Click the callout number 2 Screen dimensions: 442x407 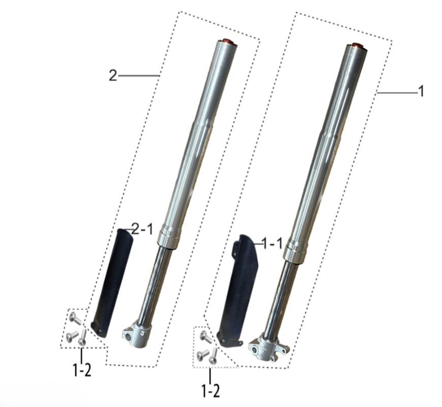[x=113, y=76]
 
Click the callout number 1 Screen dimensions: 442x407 [x=421, y=91]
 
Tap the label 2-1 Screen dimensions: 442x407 [x=142, y=229]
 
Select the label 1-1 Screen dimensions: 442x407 [x=272, y=244]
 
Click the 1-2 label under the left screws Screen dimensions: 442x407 [x=82, y=370]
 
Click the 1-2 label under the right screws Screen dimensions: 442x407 [x=210, y=391]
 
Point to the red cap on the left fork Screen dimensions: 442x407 [x=227, y=42]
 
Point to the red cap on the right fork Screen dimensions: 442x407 [x=356, y=45]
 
